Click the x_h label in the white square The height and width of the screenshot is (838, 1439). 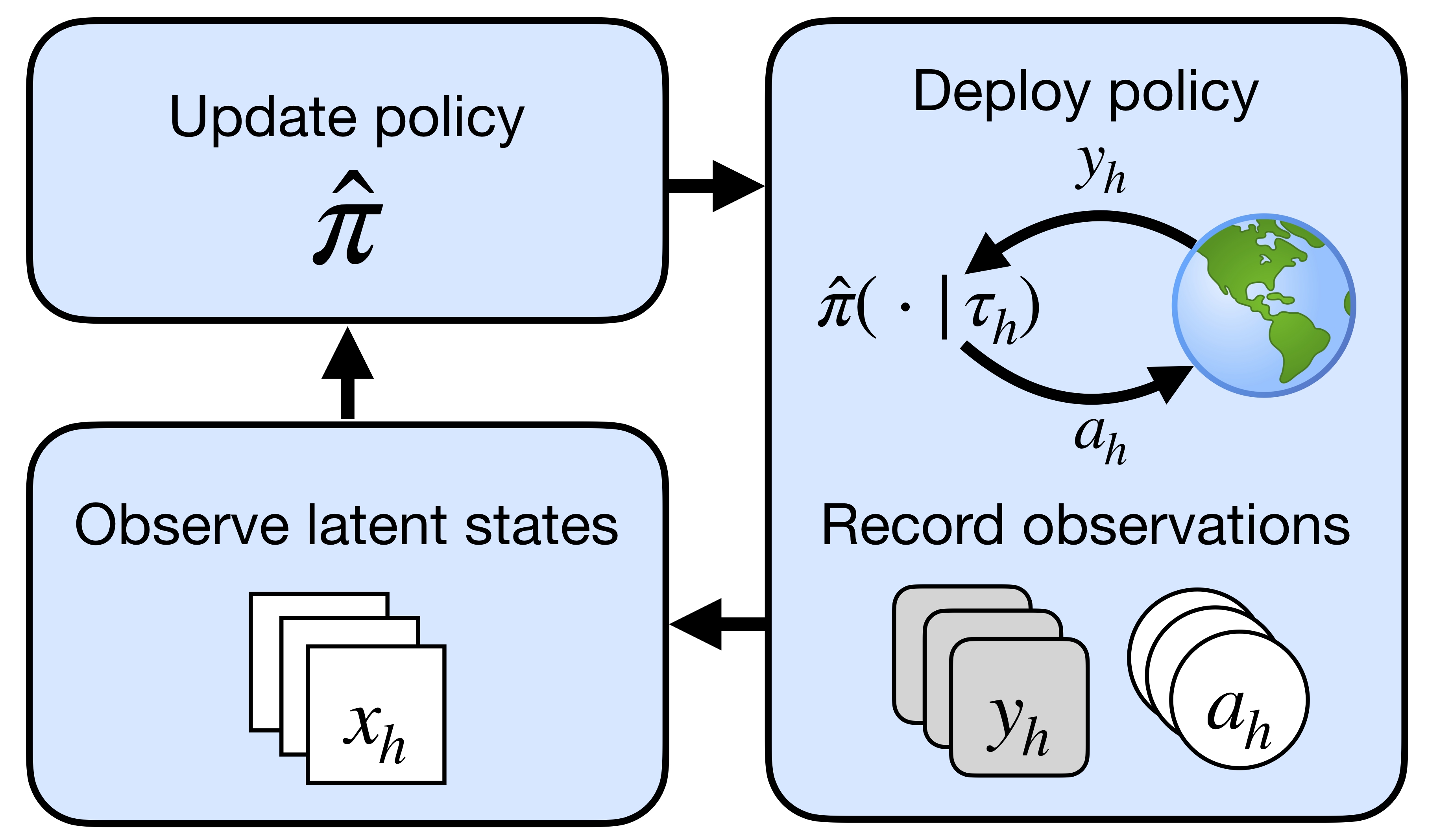click(374, 733)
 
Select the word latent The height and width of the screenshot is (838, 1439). click(377, 526)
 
